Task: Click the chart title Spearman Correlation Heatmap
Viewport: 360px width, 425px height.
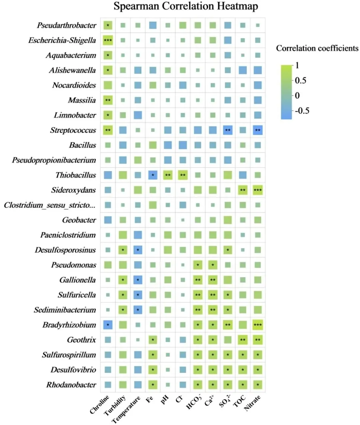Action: (x=186, y=7)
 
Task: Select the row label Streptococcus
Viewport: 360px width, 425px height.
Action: (x=73, y=130)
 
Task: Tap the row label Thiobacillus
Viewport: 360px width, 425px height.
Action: (x=76, y=175)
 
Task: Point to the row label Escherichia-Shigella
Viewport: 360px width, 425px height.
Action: (x=62, y=40)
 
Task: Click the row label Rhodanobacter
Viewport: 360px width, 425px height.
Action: (x=71, y=385)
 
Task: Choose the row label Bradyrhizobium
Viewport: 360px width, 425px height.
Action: (x=69, y=325)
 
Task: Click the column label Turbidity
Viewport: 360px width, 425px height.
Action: (x=115, y=405)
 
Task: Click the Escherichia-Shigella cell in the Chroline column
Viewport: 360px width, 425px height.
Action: (x=108, y=40)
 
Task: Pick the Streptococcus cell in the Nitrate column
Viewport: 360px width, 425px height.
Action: (x=258, y=130)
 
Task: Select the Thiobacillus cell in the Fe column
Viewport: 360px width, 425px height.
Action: (x=153, y=175)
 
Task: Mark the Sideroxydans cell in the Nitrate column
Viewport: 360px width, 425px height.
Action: (x=258, y=190)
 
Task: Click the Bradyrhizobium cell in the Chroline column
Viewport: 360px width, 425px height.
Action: (x=108, y=325)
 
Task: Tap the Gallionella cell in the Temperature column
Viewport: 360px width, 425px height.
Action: (x=138, y=280)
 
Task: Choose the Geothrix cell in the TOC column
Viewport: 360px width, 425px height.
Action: (x=243, y=340)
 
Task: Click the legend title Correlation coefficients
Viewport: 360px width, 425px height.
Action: (x=317, y=48)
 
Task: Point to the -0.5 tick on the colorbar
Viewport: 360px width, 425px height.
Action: (x=302, y=111)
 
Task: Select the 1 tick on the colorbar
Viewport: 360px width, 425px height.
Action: (x=297, y=65)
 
